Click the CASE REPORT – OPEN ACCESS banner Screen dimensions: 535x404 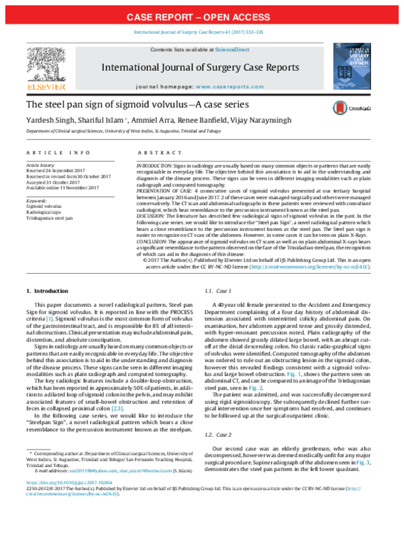point(202,15)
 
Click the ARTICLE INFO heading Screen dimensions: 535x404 point(51,153)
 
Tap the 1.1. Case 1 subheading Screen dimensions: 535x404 point(218,291)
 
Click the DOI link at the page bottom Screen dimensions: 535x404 point(69,502)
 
